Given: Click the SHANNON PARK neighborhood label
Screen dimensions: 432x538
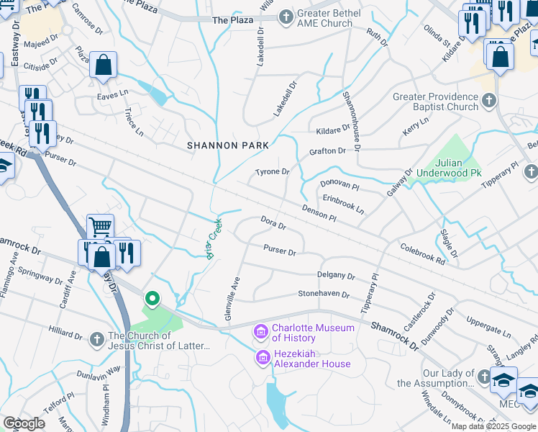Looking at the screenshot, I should [x=228, y=145].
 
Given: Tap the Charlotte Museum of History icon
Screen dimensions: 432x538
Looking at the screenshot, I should [x=260, y=332].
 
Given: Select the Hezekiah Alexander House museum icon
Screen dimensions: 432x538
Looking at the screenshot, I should [x=263, y=358].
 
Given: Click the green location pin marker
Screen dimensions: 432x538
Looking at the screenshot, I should [x=152, y=297].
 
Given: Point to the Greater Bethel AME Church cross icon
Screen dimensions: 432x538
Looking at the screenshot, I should [x=286, y=16].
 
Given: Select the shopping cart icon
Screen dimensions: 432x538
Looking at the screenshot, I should [x=101, y=227].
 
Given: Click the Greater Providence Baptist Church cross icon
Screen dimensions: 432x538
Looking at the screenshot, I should [x=489, y=102].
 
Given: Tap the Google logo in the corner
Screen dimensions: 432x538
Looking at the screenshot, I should [x=23, y=423].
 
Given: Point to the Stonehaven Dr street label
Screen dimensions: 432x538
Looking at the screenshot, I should [x=324, y=294].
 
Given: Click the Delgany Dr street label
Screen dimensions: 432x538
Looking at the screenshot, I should [x=336, y=276].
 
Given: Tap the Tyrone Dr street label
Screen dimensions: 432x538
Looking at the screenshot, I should [x=273, y=172].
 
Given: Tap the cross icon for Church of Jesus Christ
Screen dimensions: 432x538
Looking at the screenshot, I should [x=98, y=338].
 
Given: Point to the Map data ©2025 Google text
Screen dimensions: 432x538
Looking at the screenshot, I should [x=493, y=426].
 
